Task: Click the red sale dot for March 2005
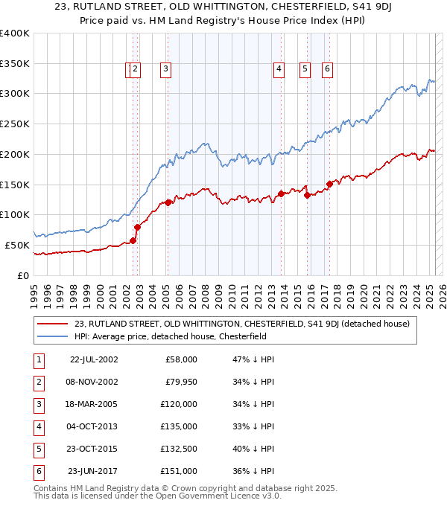[168, 202]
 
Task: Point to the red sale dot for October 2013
[281, 193]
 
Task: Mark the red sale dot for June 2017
[329, 184]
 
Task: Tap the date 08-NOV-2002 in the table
[93, 382]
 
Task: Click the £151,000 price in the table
[179, 471]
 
